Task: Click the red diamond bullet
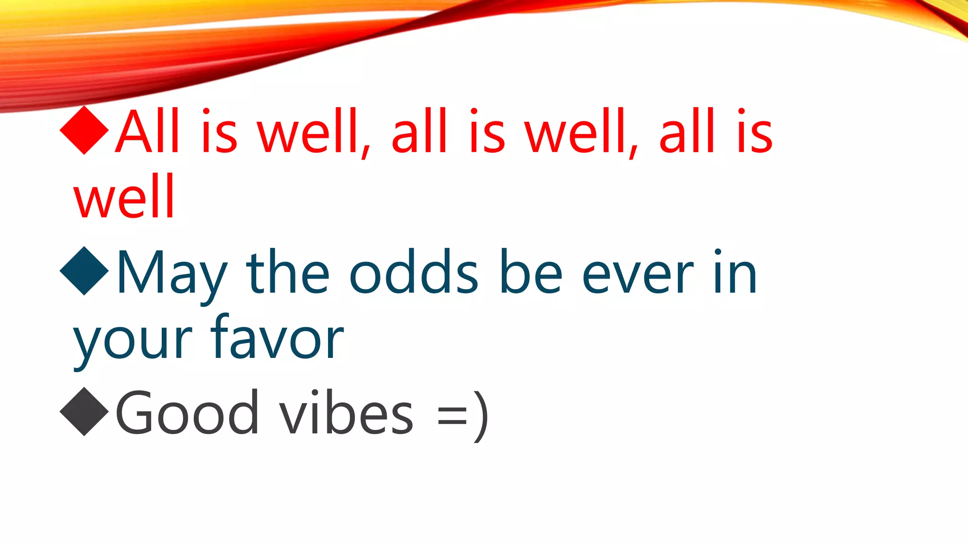coord(85,130)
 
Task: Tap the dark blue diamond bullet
coord(85,271)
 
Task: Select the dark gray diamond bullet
coord(85,411)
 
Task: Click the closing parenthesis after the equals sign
coord(481,416)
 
